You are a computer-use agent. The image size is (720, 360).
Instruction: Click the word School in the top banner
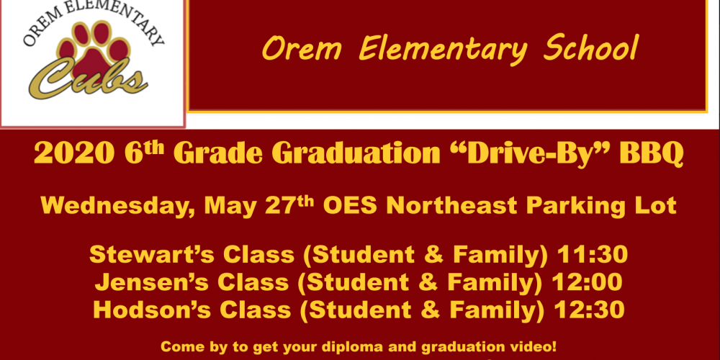click(591, 49)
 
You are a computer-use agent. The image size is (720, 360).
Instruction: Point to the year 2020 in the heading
click(73, 154)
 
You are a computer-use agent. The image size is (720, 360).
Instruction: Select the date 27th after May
click(291, 205)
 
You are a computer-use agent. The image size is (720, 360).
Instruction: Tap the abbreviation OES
click(351, 206)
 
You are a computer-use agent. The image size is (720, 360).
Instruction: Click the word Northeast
click(452, 206)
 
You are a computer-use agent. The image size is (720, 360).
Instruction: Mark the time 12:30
click(590, 310)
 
